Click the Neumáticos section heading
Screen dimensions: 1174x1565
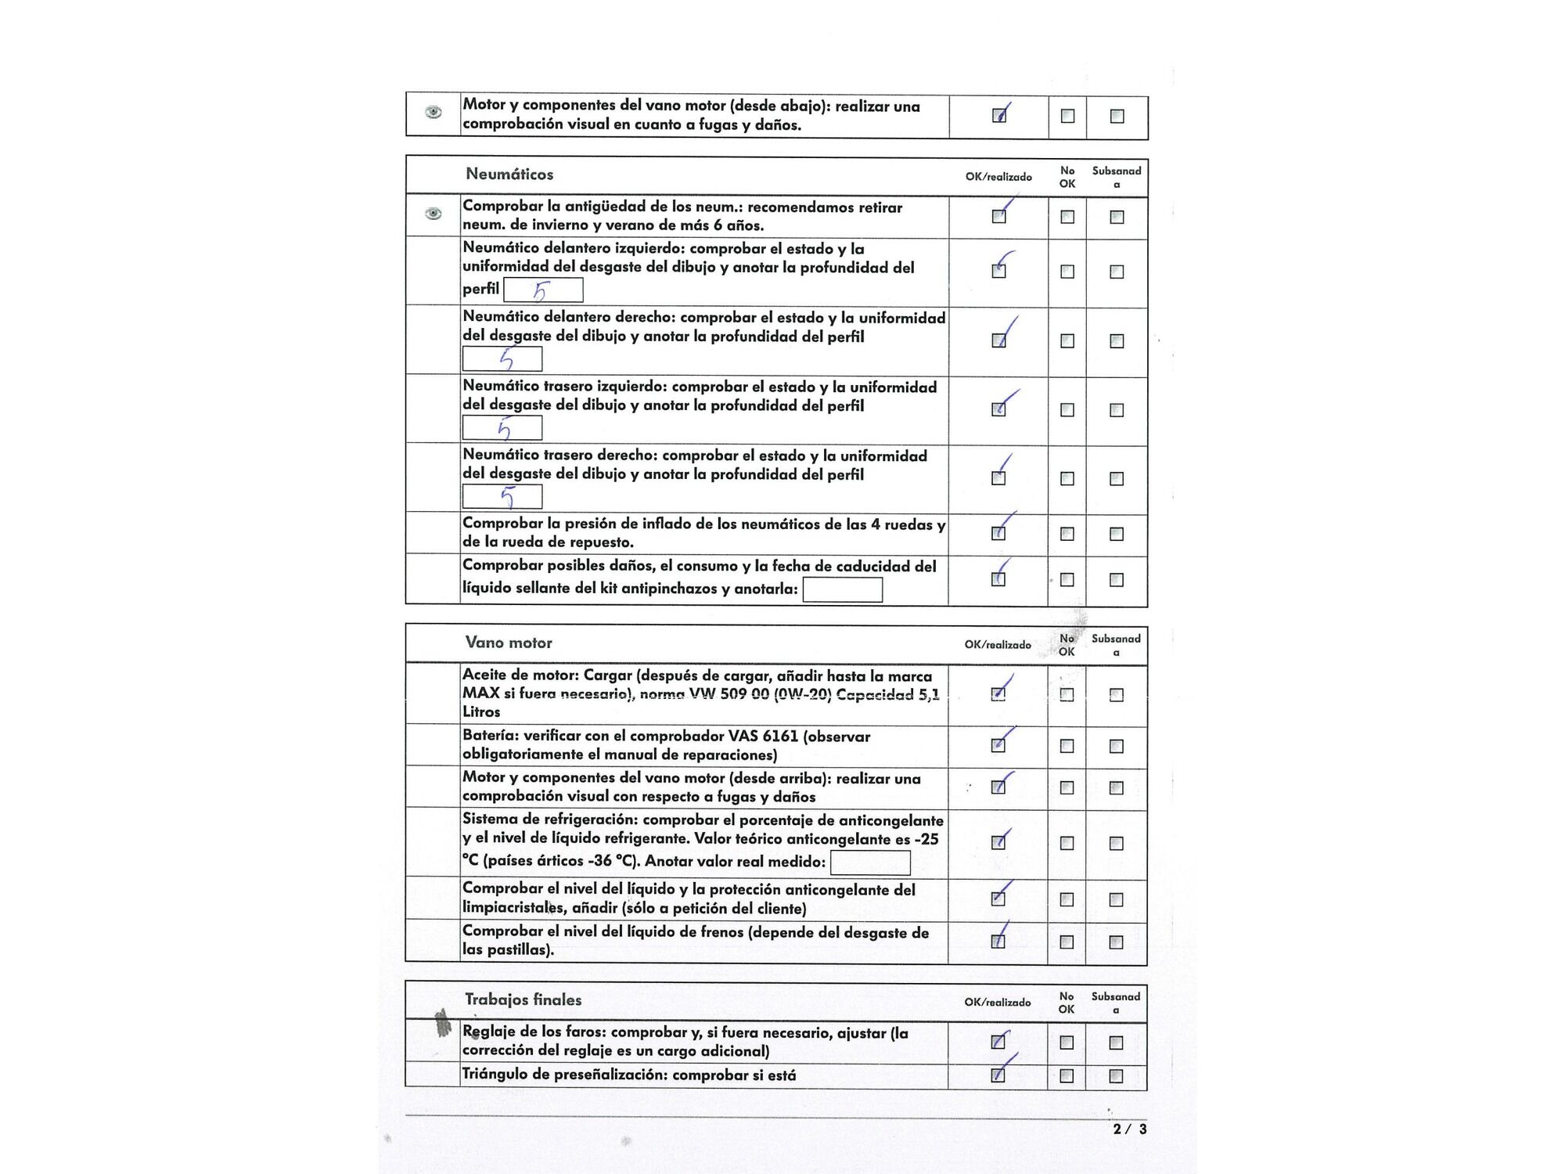point(509,174)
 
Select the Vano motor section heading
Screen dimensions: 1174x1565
point(509,643)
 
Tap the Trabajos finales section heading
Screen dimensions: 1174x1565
point(523,999)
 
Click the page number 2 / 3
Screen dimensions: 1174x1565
point(1130,1129)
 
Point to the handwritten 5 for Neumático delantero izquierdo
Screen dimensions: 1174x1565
point(541,291)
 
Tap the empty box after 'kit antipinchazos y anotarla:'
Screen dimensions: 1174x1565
point(842,589)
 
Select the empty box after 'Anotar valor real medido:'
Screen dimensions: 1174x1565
point(870,862)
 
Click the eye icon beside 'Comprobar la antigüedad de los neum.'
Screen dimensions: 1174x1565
point(433,214)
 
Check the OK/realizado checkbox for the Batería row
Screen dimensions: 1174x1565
point(998,745)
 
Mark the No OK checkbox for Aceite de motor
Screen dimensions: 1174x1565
point(1067,694)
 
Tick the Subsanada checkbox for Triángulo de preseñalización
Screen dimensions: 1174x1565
point(1116,1076)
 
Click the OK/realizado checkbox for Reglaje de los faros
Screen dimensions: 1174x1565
point(998,1042)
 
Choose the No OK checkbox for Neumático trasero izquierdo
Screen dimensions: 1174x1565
point(1067,409)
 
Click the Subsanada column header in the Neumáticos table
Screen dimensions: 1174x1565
point(1117,177)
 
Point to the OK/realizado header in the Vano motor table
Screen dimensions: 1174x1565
point(998,645)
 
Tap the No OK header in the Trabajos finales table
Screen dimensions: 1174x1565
point(1067,1003)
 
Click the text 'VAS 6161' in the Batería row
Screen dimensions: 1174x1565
point(763,736)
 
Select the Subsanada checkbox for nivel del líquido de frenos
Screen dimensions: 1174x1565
point(1116,942)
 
